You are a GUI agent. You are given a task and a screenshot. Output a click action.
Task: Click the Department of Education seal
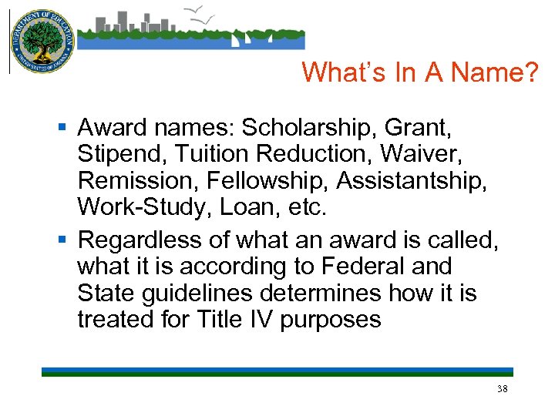(42, 42)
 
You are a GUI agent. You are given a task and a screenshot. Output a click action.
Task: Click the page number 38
(503, 389)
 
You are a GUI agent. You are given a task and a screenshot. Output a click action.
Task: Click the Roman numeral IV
(261, 320)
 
